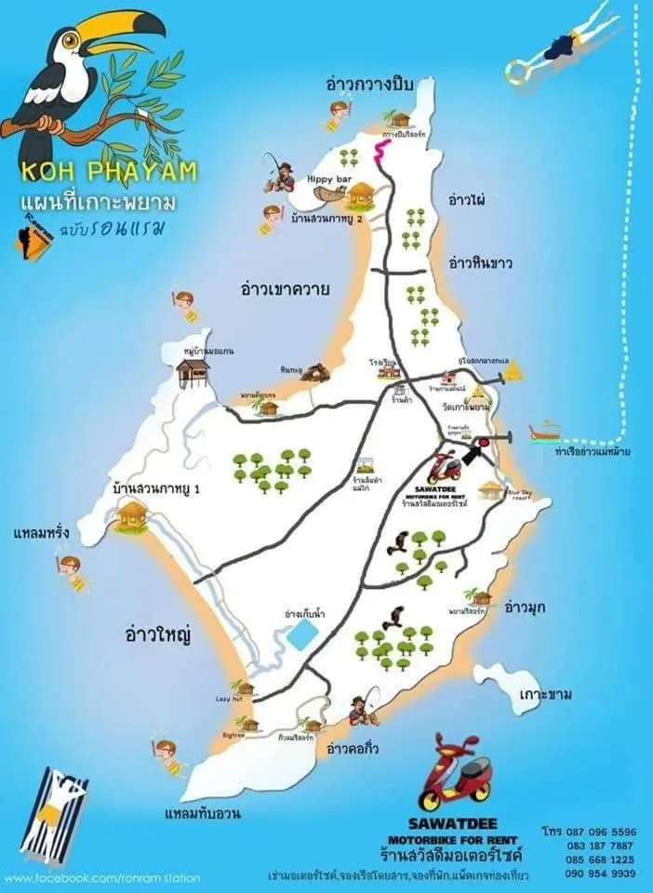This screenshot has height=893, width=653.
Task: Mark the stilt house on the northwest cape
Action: pos(193,372)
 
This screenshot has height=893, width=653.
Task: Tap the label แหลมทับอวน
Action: pos(203,814)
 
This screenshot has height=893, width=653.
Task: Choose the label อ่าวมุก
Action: pos(525,607)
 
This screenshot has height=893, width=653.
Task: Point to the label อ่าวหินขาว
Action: pos(480,262)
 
